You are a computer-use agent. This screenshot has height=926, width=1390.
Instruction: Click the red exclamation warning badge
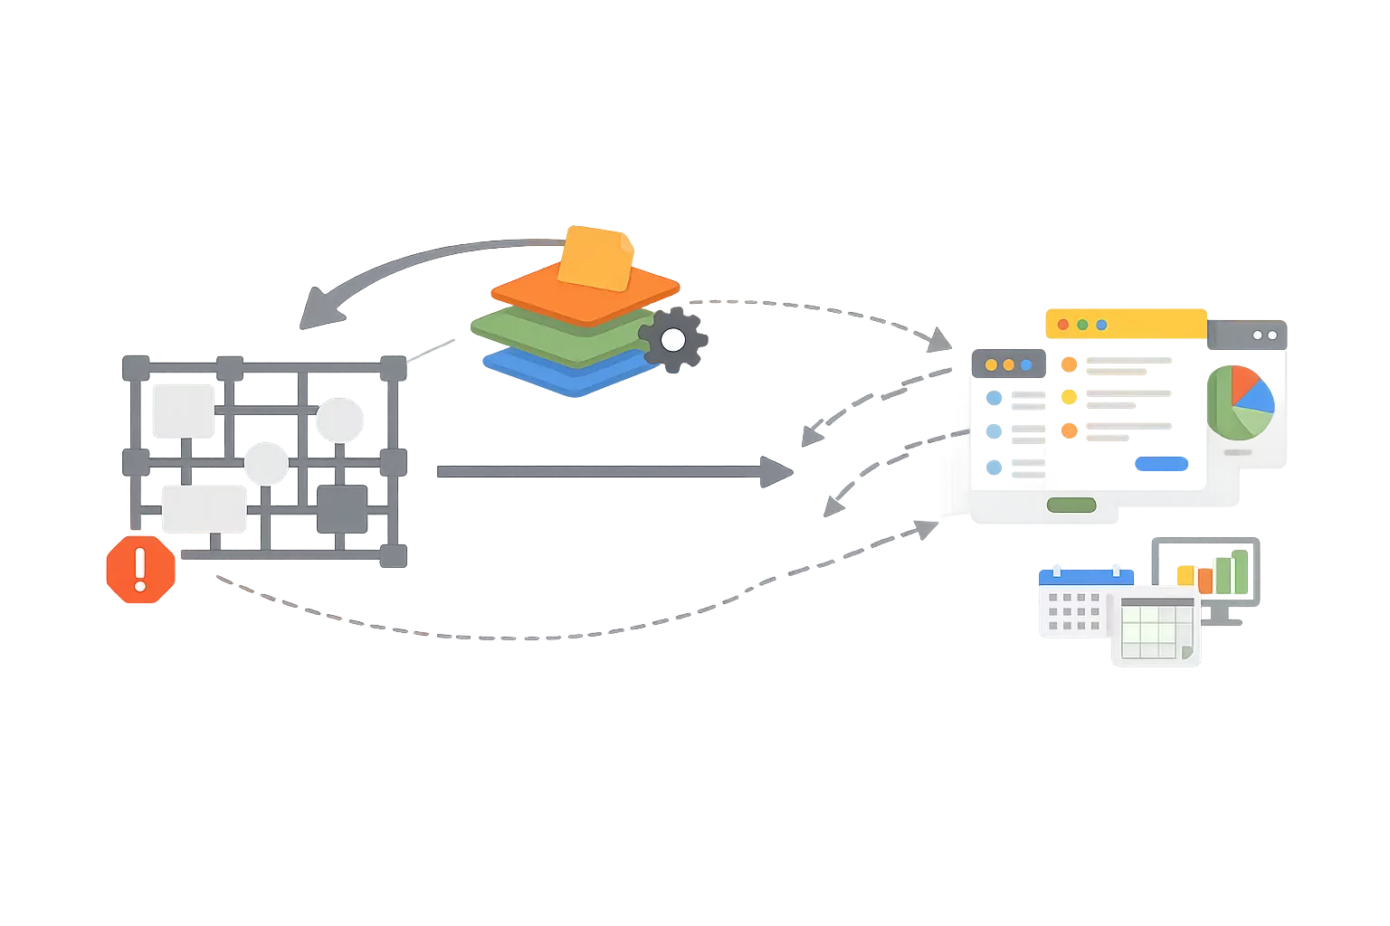(x=140, y=570)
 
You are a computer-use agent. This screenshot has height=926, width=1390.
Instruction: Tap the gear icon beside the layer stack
(x=672, y=340)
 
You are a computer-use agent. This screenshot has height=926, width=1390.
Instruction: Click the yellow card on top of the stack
(x=595, y=258)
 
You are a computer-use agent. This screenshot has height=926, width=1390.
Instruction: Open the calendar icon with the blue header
(x=1073, y=604)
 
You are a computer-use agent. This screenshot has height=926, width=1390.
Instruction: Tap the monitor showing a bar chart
(x=1204, y=570)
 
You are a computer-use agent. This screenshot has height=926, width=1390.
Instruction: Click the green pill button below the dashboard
(x=1071, y=506)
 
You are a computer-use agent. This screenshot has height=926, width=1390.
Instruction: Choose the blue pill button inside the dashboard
(x=1160, y=464)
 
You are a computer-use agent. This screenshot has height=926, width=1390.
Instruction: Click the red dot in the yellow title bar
(x=1063, y=325)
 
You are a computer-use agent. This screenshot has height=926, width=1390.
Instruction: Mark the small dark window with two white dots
(x=1246, y=335)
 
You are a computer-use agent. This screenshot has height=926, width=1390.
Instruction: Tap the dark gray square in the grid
(x=341, y=508)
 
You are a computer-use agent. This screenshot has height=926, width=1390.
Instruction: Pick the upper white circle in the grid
(x=339, y=420)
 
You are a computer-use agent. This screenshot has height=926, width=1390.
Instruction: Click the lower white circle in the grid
(x=266, y=464)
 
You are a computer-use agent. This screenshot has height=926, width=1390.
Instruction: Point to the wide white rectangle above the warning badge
(x=204, y=508)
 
